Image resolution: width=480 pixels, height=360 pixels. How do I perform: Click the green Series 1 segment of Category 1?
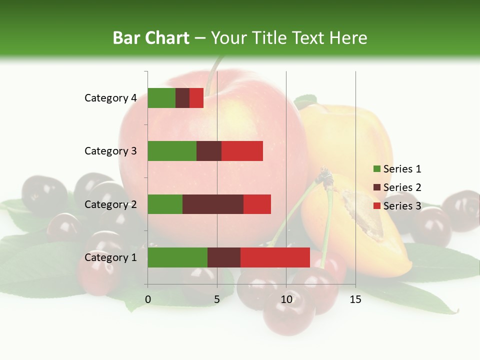[177, 257]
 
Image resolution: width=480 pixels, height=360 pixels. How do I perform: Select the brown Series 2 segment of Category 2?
[213, 204]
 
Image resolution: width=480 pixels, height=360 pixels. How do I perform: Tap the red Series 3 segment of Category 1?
[275, 257]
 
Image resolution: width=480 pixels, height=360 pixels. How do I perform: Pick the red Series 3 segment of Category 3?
[242, 151]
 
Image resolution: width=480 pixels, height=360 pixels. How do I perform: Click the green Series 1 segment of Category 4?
[161, 98]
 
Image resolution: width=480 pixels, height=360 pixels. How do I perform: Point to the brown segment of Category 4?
[182, 98]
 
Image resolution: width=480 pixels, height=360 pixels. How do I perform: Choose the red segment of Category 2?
[257, 204]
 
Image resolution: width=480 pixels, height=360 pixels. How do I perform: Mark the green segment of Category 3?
[172, 151]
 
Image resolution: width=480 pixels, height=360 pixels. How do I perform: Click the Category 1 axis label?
[110, 257]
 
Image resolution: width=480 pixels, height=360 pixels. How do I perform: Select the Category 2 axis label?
[110, 204]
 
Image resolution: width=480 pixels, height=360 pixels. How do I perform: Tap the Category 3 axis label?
[110, 151]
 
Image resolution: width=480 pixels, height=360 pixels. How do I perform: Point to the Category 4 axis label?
[110, 98]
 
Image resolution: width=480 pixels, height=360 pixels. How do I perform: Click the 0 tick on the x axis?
[148, 299]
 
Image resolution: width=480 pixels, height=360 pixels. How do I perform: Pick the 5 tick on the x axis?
[217, 299]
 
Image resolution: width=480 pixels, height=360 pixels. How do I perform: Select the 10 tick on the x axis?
[286, 299]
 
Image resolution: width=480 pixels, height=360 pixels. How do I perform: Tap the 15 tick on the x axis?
[355, 299]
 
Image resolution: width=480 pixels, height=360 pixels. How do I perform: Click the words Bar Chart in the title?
[151, 38]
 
